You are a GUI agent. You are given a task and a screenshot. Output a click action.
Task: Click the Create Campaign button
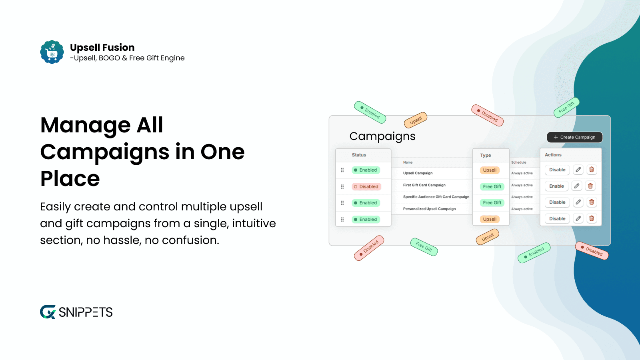[x=574, y=137]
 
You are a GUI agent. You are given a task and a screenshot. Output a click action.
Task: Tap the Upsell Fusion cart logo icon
[x=52, y=52]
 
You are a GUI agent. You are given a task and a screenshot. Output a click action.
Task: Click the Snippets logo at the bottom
[x=76, y=312]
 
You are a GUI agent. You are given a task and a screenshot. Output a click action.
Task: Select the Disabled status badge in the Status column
[x=366, y=186]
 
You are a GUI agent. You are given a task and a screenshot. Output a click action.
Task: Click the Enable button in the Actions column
[x=556, y=186]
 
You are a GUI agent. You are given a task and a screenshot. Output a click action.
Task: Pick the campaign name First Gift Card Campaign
[x=424, y=185]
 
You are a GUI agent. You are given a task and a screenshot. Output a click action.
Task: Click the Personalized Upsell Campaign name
[x=429, y=209]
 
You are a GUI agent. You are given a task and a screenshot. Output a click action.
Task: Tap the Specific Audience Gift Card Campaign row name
[x=436, y=197]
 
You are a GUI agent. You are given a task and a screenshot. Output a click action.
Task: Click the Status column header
[x=359, y=155]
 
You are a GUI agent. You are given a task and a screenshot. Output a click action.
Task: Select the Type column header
[x=485, y=155]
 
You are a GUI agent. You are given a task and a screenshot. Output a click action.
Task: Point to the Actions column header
[x=553, y=155]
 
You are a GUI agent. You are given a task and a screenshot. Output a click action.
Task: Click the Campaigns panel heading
[x=382, y=136]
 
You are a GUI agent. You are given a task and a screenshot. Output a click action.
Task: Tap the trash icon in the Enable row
[x=590, y=186]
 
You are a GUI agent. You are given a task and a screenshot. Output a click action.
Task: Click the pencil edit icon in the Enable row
[x=576, y=186]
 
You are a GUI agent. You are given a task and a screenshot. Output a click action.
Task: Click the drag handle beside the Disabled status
[x=342, y=186]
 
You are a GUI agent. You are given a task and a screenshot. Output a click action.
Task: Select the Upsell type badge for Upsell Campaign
[x=490, y=170]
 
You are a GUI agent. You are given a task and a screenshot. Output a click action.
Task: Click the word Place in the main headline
[x=70, y=178]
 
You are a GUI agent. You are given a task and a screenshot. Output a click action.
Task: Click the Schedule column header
[x=518, y=162]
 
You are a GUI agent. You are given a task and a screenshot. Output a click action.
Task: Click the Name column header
[x=408, y=162]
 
